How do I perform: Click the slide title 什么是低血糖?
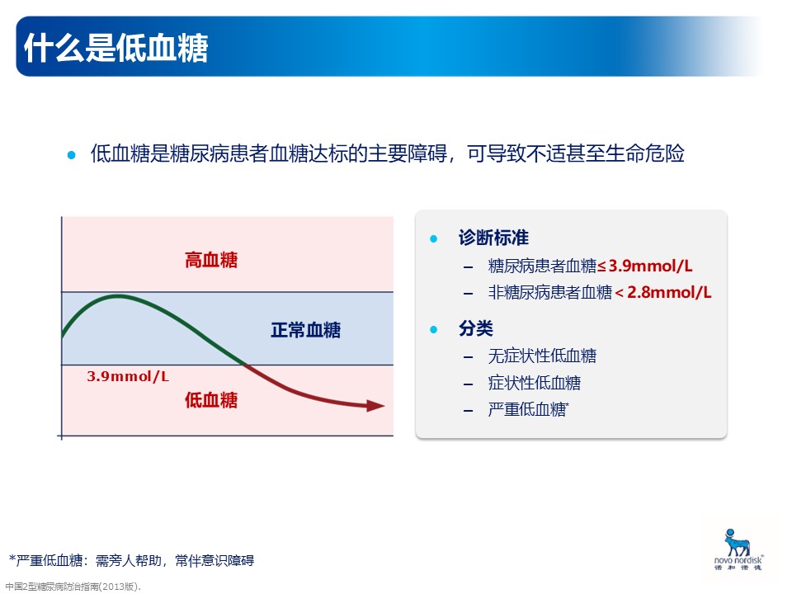(115, 48)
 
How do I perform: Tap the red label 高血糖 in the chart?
(211, 260)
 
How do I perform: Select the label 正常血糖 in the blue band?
(305, 330)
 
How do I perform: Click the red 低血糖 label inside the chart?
(211, 400)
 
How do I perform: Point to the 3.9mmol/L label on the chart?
(128, 376)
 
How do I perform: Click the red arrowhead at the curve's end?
(375, 405)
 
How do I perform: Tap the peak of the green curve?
(118, 296)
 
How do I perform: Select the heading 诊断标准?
(493, 238)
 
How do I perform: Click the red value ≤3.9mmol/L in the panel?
(645, 266)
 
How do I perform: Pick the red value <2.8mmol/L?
(663, 292)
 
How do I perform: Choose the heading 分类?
(476, 328)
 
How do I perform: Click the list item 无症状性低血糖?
(542, 356)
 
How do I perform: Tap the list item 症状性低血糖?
(535, 382)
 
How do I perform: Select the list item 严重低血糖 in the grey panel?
(528, 409)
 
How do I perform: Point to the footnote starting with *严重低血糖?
(132, 560)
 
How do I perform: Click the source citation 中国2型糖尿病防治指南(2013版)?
(73, 587)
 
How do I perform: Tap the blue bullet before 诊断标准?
(433, 238)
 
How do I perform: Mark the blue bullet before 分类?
(433, 329)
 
